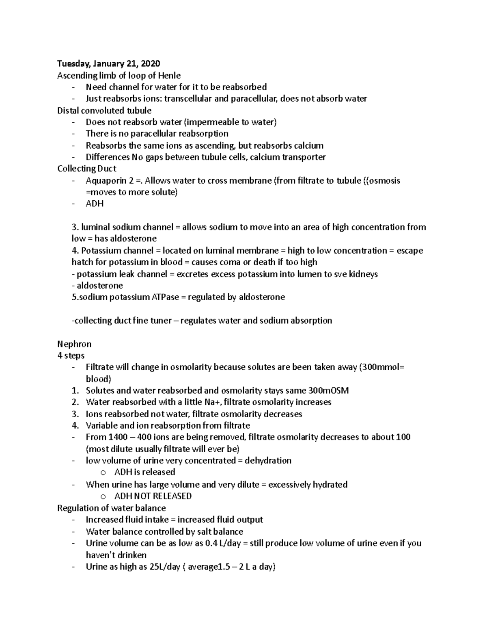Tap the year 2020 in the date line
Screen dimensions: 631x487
pos(149,64)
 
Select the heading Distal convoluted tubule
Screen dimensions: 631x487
pos(104,111)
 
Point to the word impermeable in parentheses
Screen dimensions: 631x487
pos(213,122)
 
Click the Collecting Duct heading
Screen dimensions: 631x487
pos(87,169)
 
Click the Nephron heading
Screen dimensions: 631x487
pos(74,344)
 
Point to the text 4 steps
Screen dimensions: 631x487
pos(71,356)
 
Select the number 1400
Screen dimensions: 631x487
pos(119,437)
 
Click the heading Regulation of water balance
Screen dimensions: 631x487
pos(112,508)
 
